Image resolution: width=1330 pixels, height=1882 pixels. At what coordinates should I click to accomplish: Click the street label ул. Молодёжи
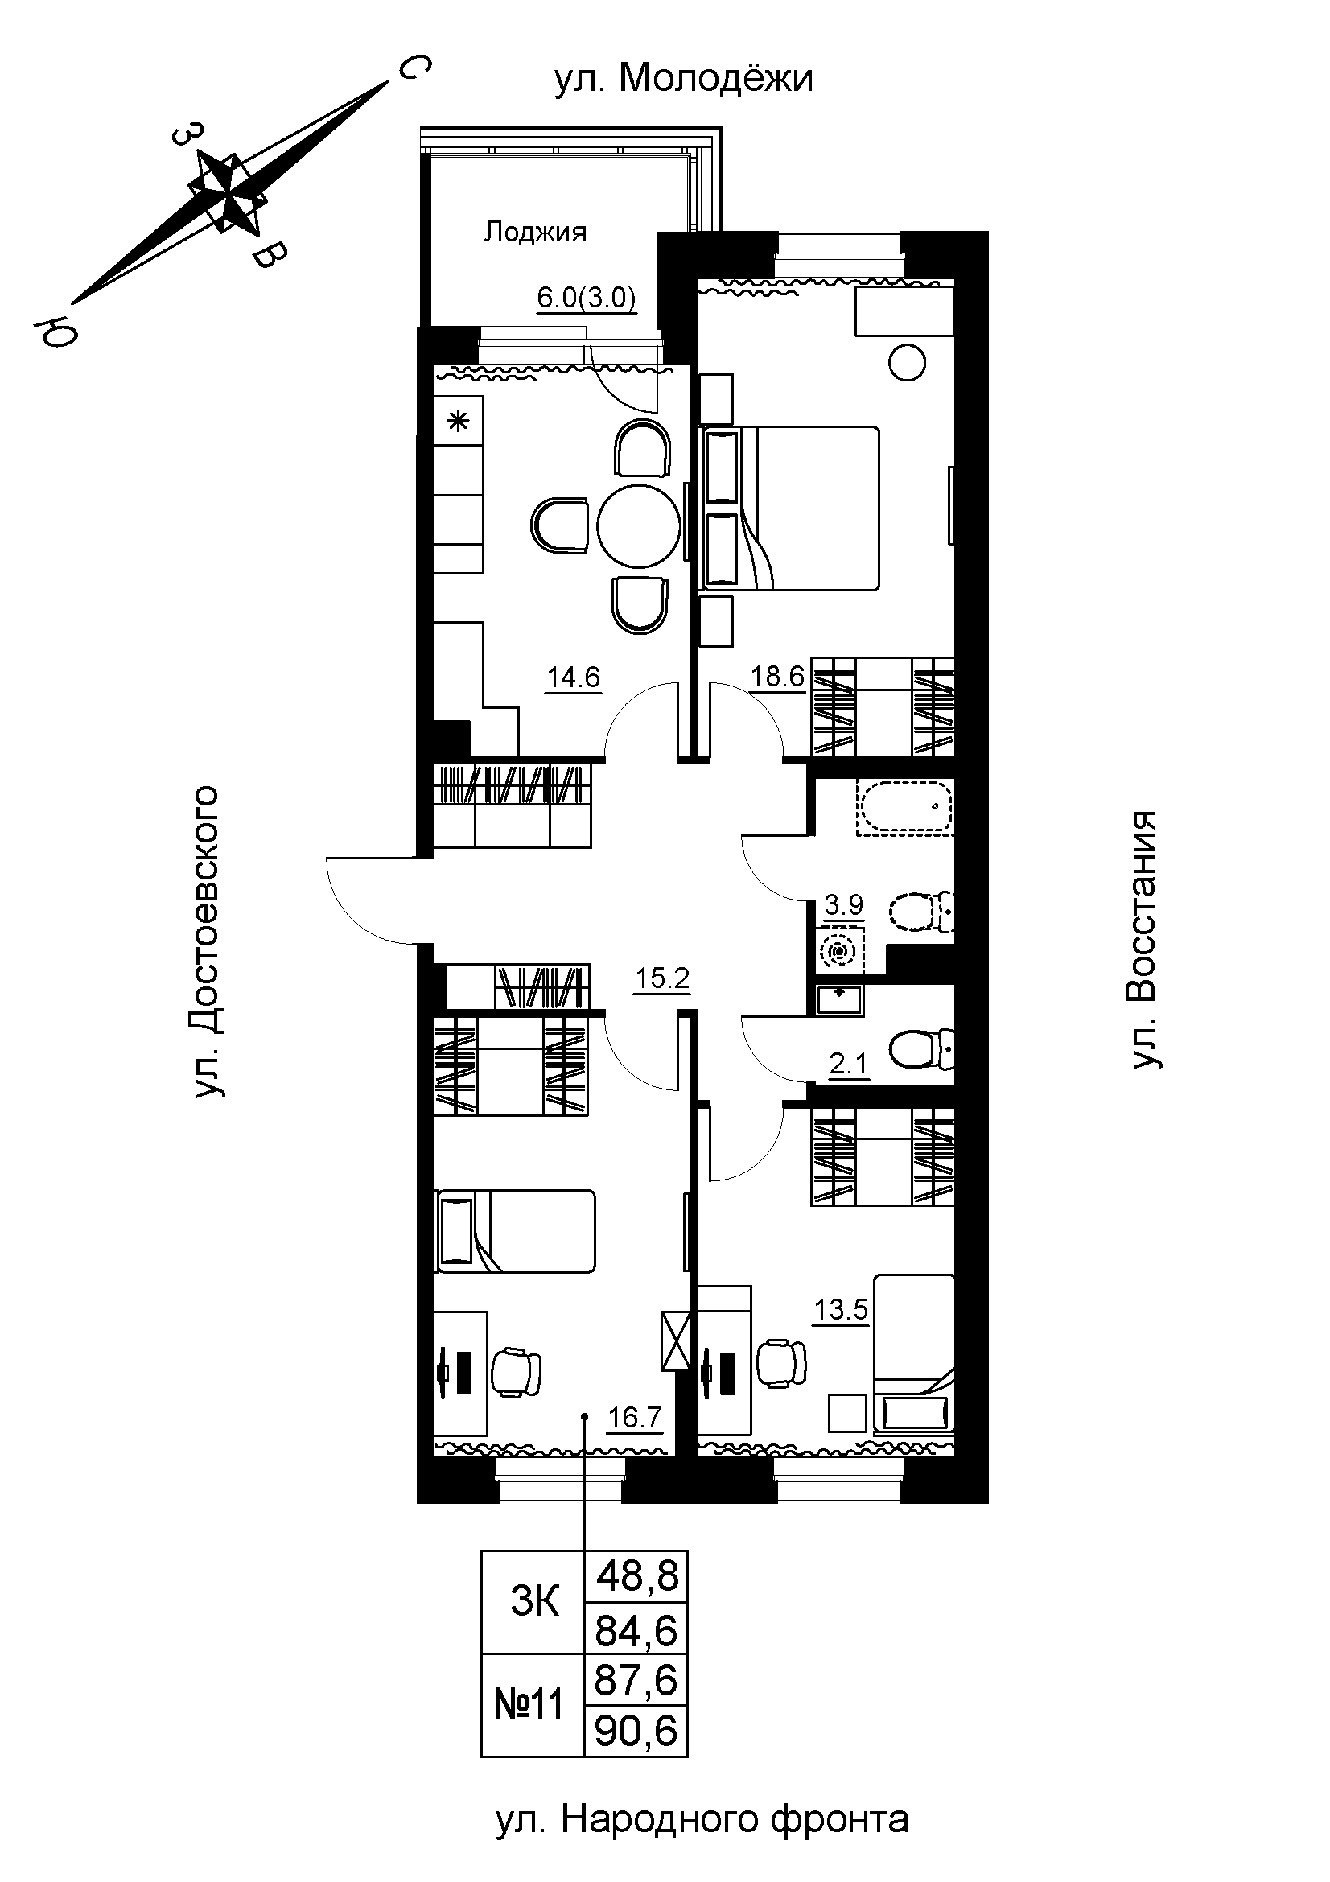[x=683, y=80]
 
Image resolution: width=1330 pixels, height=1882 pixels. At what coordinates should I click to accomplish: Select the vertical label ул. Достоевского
[x=208, y=942]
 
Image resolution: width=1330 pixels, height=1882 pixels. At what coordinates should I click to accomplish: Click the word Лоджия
[x=535, y=233]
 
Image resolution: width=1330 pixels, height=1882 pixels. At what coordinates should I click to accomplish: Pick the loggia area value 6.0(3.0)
[x=587, y=299]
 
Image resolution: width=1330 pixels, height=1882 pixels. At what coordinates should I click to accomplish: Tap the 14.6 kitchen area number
[x=574, y=677]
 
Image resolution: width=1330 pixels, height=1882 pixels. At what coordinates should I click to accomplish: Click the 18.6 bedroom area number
[x=779, y=677]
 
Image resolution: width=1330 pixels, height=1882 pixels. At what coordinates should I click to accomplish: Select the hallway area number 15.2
[x=663, y=978]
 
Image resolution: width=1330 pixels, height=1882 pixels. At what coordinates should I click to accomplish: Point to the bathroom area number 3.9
[x=843, y=905]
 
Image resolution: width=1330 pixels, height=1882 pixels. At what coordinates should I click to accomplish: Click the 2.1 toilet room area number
[x=848, y=1065]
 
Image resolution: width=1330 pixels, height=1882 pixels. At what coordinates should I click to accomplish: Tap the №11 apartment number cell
[x=533, y=1705]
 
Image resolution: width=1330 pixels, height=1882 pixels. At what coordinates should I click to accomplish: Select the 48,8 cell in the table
[x=636, y=1575]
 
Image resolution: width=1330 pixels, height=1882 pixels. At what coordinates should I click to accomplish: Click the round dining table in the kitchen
[x=639, y=525]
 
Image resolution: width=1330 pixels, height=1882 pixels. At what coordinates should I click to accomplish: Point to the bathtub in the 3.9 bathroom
[x=904, y=807]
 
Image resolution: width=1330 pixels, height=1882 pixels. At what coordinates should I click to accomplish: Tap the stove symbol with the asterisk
[x=458, y=422]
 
